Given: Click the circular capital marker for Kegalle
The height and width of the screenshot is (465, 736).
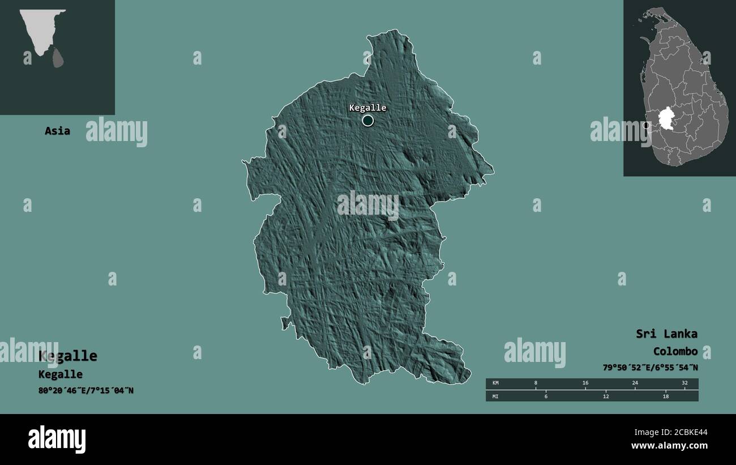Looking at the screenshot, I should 368,120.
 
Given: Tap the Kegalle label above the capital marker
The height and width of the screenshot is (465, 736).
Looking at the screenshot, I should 367,108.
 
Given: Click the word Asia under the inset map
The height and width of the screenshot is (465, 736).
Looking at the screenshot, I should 58,131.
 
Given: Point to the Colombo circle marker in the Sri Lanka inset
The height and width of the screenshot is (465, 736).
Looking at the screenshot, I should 647,125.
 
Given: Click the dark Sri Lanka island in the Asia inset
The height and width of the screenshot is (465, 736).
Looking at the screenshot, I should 58,57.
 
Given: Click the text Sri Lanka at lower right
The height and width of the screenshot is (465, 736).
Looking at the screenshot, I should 666,334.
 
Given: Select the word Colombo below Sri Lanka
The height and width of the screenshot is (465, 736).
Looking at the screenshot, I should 675,351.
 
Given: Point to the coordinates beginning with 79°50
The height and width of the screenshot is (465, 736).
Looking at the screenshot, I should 650,368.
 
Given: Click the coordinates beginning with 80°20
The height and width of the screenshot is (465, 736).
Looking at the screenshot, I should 86,390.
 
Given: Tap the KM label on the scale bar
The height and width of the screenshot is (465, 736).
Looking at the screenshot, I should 496,383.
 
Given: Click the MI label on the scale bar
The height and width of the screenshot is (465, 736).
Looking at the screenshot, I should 496,396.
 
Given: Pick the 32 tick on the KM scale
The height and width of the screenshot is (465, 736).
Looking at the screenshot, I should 684,383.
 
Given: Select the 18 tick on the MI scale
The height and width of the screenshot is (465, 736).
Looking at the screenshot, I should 666,396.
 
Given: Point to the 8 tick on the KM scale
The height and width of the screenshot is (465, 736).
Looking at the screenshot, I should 536,383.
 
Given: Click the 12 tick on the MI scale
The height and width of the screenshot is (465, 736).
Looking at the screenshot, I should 606,396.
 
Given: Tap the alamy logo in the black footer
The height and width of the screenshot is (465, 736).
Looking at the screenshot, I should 57,440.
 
